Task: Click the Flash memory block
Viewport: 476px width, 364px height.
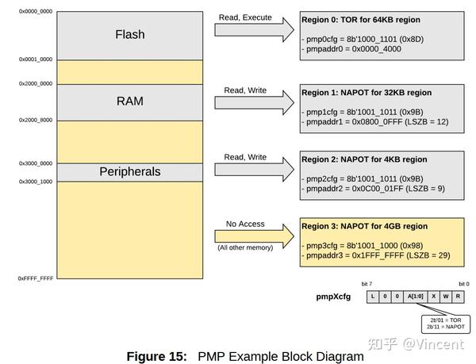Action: pos(129,35)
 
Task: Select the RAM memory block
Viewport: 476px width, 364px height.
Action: pos(129,102)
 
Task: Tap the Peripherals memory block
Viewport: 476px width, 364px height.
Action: pos(129,172)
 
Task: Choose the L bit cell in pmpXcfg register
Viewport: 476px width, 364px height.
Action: pos(373,297)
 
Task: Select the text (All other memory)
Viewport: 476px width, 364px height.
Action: pos(245,248)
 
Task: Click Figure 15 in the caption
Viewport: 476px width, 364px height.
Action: pos(156,356)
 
